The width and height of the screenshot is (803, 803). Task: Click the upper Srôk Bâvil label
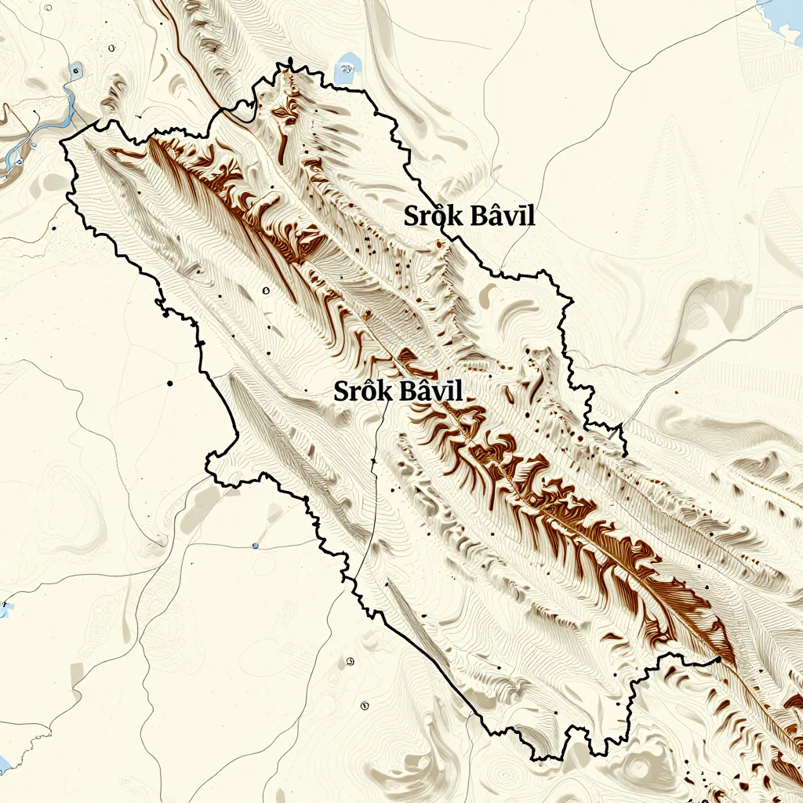(470, 216)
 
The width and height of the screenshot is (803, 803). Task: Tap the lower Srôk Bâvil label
(398, 391)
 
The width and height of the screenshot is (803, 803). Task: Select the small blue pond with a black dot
(75, 71)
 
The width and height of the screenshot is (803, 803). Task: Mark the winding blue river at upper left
(47, 125)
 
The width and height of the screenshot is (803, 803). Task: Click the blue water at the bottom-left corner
(4, 765)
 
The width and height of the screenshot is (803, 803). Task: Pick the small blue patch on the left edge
(6, 609)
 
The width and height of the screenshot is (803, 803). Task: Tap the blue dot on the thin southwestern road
(255, 545)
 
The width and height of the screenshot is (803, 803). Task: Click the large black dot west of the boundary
(170, 383)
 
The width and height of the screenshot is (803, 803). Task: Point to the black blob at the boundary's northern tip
(290, 62)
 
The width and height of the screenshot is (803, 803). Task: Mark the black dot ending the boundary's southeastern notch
(718, 661)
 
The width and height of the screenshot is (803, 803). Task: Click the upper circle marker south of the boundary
(350, 660)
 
